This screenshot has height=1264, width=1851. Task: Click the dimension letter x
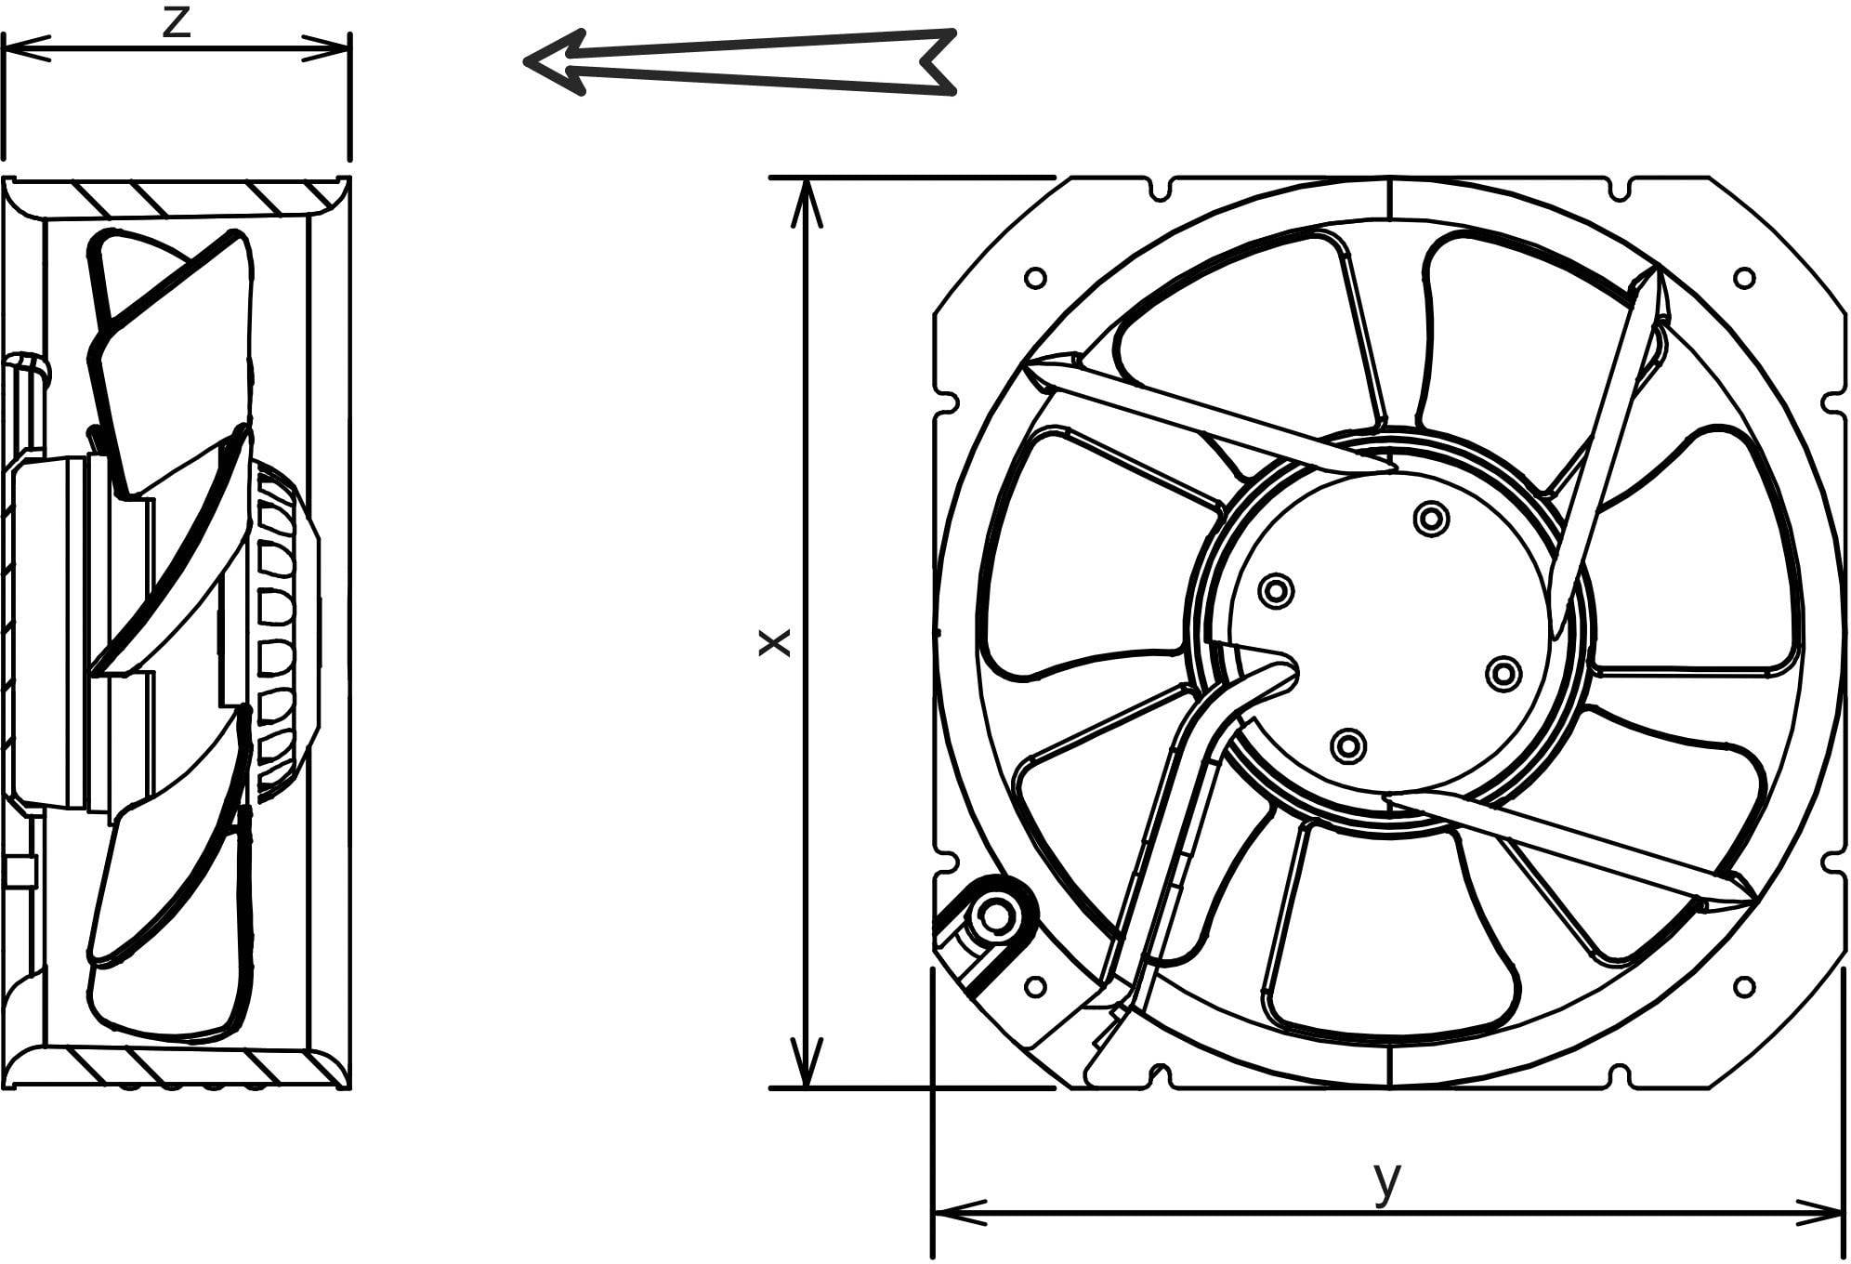(774, 641)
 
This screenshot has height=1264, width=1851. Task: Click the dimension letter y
(1386, 1181)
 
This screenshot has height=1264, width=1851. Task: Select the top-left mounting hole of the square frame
(1034, 278)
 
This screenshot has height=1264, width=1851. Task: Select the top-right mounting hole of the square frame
(1744, 277)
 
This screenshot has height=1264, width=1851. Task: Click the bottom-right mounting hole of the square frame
(1744, 987)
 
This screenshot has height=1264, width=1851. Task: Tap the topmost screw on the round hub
(1431, 519)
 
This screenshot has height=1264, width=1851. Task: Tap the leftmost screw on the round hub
(1276, 590)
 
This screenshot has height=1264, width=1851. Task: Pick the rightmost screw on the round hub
(1503, 674)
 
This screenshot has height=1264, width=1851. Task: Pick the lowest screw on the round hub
(1348, 744)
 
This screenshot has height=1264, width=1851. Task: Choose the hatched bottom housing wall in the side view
(186, 1068)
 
